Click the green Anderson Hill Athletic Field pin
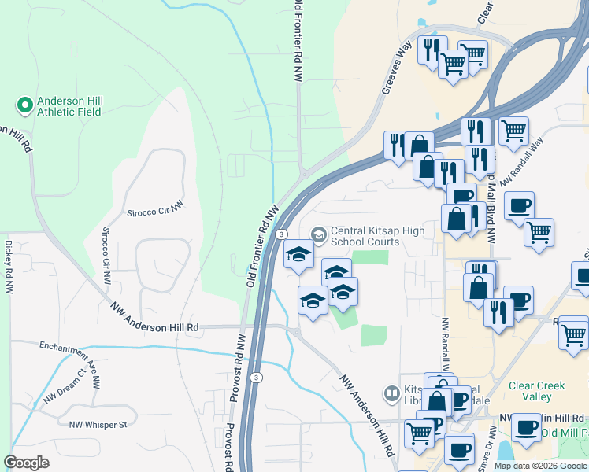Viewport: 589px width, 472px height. tap(24, 105)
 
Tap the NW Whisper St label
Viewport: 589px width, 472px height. tap(98, 425)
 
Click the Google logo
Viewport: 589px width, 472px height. tap(26, 463)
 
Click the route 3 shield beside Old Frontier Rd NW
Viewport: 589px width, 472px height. tap(281, 234)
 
